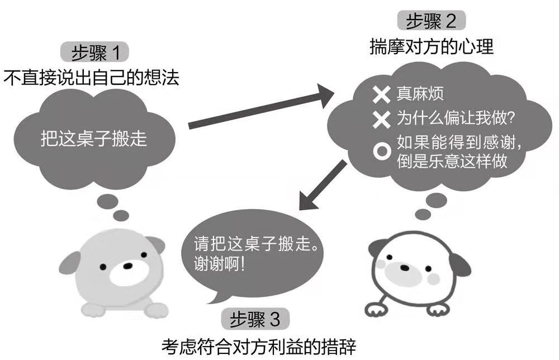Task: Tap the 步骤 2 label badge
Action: [431, 21]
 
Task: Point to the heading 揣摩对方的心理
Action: [431, 46]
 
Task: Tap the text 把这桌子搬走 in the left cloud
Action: [94, 138]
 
